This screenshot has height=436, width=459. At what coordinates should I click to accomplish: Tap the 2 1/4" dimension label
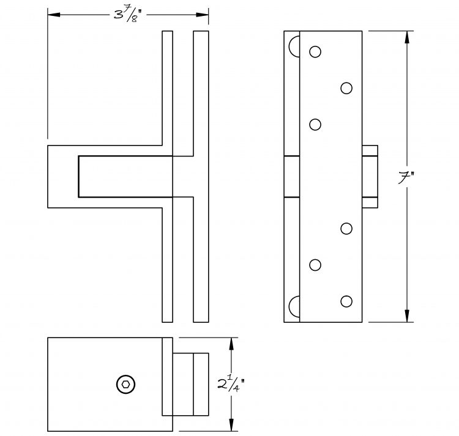231,385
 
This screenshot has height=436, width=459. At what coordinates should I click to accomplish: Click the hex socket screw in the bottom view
126,384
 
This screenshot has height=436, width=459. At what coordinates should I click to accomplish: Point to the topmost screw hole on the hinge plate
315,52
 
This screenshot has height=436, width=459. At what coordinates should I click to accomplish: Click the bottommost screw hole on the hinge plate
346,301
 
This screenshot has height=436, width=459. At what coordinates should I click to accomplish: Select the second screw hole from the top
346,88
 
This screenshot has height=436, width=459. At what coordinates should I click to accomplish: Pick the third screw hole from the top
315,125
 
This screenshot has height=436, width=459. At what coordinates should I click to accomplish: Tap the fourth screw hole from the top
346,229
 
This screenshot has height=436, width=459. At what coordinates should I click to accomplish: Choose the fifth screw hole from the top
315,265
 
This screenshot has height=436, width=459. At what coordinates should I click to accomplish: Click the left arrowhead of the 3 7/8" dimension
54,15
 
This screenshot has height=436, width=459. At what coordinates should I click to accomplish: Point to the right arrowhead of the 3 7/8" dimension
203,15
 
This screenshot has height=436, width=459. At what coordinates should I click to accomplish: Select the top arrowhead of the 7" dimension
406,37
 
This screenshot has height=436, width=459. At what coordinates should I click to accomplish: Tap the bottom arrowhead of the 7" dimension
406,316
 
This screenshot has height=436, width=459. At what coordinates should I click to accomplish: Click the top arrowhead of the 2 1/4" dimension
231,344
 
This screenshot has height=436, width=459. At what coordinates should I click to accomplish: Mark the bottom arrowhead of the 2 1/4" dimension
231,424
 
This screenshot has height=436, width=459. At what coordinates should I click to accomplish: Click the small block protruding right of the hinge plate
370,177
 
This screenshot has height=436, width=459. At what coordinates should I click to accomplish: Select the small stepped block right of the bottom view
190,384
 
